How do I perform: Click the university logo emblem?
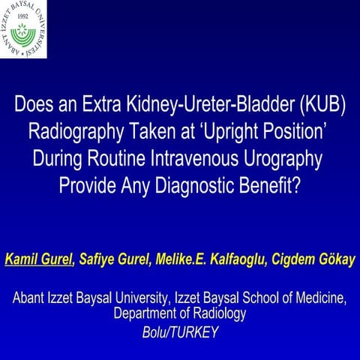(x=23, y=29)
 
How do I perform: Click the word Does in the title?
(x=37, y=106)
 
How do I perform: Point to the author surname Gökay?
(x=333, y=259)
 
